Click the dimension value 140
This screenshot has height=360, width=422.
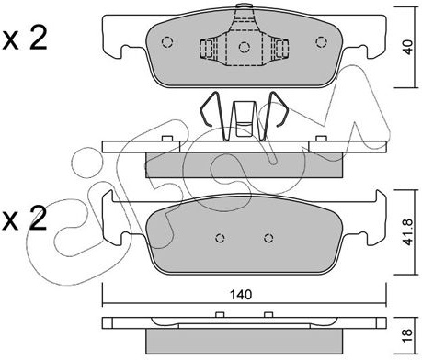point(241,295)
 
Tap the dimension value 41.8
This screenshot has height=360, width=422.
point(408,231)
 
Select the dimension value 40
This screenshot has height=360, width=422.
point(408,47)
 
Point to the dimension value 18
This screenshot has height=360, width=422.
point(408,336)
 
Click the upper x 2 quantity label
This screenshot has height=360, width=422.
point(25,39)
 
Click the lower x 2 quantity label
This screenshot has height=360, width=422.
point(25,218)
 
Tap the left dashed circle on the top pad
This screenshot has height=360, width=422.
point(167,42)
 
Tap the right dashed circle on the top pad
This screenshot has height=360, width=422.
point(321,42)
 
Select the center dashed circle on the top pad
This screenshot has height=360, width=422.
point(245,47)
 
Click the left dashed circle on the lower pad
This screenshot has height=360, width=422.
point(220,238)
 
